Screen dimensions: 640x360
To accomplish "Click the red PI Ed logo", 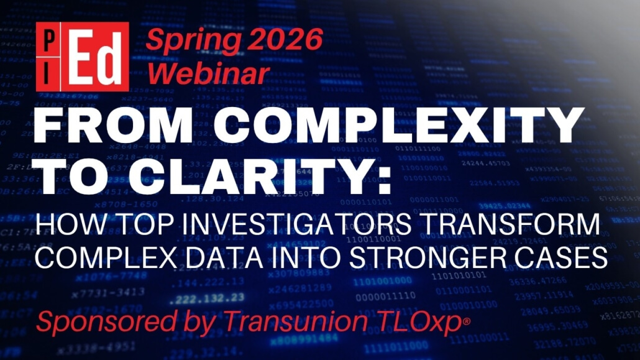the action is click(x=83, y=57).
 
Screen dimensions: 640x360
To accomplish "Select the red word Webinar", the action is click(x=208, y=73).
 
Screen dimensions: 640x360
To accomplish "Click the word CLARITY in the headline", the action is click(x=247, y=177).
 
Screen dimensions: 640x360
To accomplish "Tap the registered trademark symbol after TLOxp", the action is click(x=467, y=322).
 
